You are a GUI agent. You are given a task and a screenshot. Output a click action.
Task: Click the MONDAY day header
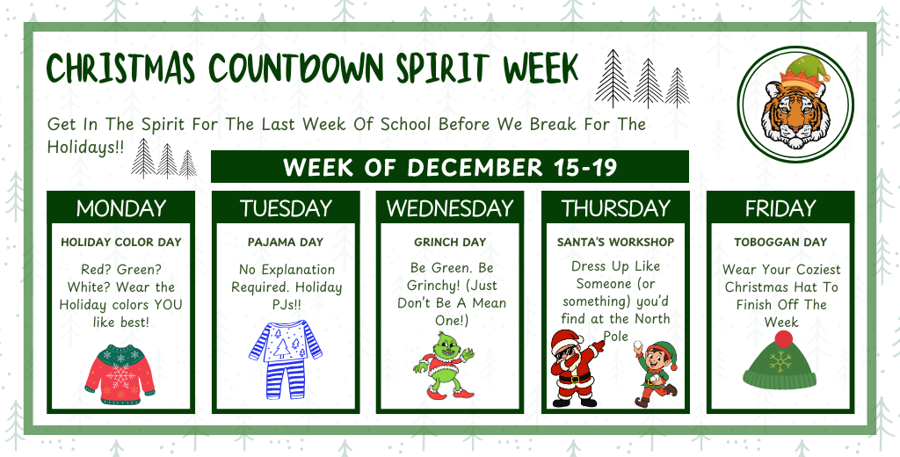[x=120, y=208]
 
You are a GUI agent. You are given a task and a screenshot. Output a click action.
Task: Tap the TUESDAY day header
[x=286, y=208]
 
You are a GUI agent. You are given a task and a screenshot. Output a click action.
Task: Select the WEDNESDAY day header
[x=450, y=208]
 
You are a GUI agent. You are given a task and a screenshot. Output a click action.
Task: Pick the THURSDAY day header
[x=614, y=208]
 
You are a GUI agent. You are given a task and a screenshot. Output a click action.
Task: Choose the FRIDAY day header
[x=780, y=208]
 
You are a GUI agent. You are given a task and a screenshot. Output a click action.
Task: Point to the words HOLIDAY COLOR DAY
[x=120, y=242]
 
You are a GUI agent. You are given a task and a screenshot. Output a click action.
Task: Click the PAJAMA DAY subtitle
[x=286, y=242]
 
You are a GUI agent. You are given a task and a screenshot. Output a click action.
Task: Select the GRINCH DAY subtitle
[x=450, y=242]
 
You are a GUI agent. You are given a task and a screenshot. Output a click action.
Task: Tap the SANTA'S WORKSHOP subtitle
[x=615, y=242]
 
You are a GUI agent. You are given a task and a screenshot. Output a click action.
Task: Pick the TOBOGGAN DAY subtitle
[x=780, y=242]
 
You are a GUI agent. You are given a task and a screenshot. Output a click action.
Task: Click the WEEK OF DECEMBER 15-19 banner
[x=450, y=167]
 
